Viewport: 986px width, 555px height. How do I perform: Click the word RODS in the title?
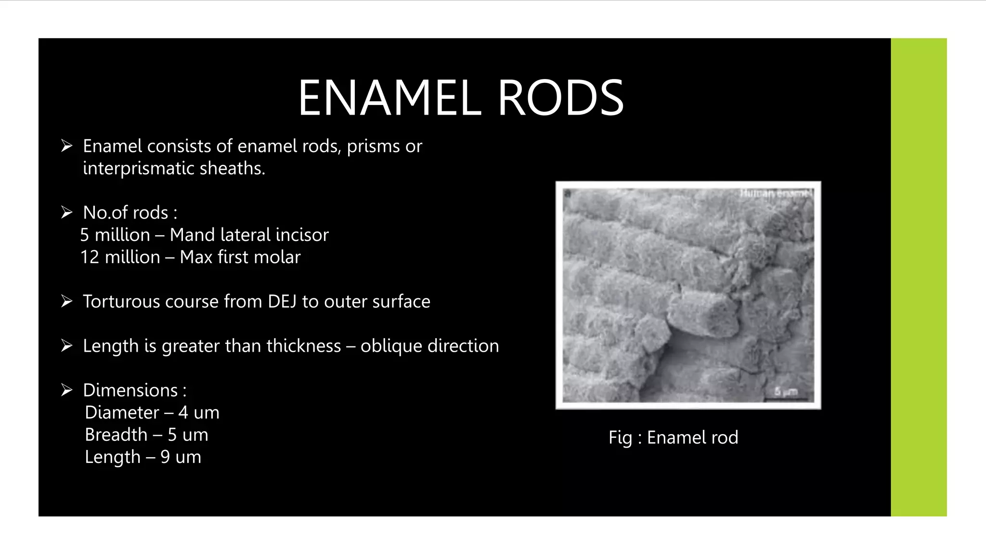(x=560, y=98)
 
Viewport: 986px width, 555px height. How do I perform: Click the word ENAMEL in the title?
(x=389, y=98)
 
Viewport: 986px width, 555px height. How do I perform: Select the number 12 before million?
(x=90, y=257)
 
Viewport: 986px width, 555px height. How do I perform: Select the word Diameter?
(x=122, y=413)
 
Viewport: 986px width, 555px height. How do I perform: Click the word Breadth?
(x=116, y=435)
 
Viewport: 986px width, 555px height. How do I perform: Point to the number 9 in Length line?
(x=165, y=457)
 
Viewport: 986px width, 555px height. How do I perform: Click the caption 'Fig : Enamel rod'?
(x=673, y=437)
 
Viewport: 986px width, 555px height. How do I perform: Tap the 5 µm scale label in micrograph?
(x=786, y=392)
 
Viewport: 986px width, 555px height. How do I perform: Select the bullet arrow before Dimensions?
(x=66, y=390)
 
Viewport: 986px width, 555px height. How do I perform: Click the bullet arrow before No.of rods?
(x=66, y=212)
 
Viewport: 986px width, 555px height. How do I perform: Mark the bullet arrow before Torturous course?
(x=66, y=302)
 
